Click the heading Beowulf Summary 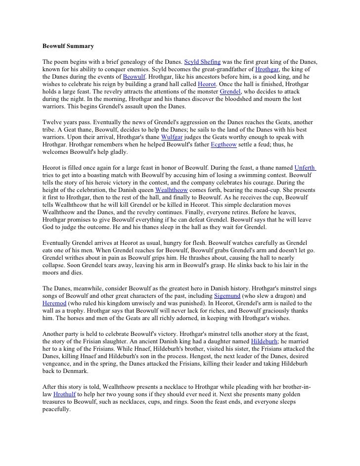coord(68,46)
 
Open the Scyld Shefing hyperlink coord(202,63)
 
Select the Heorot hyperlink coord(207,85)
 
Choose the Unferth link coord(305,167)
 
